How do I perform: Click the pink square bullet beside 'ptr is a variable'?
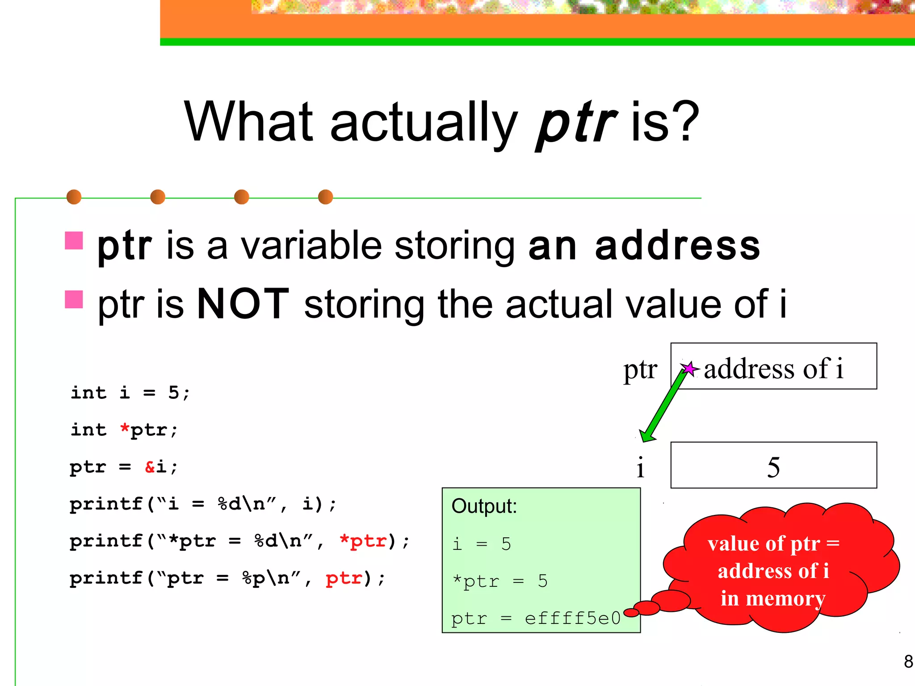tap(74, 241)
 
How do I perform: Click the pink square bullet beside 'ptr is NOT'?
tap(74, 299)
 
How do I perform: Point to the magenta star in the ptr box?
tap(689, 369)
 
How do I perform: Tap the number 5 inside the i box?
tap(773, 467)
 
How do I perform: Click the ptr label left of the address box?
tap(640, 370)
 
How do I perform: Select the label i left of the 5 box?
tap(640, 467)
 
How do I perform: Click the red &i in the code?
tap(155, 467)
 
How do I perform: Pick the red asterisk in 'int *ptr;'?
tap(125, 429)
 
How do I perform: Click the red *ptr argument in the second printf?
tap(363, 541)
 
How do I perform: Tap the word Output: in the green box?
tap(484, 506)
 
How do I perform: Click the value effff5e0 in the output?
tap(572, 619)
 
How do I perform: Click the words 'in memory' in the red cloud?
tap(772, 598)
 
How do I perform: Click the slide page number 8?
tap(908, 661)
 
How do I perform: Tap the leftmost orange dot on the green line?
tap(74, 197)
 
